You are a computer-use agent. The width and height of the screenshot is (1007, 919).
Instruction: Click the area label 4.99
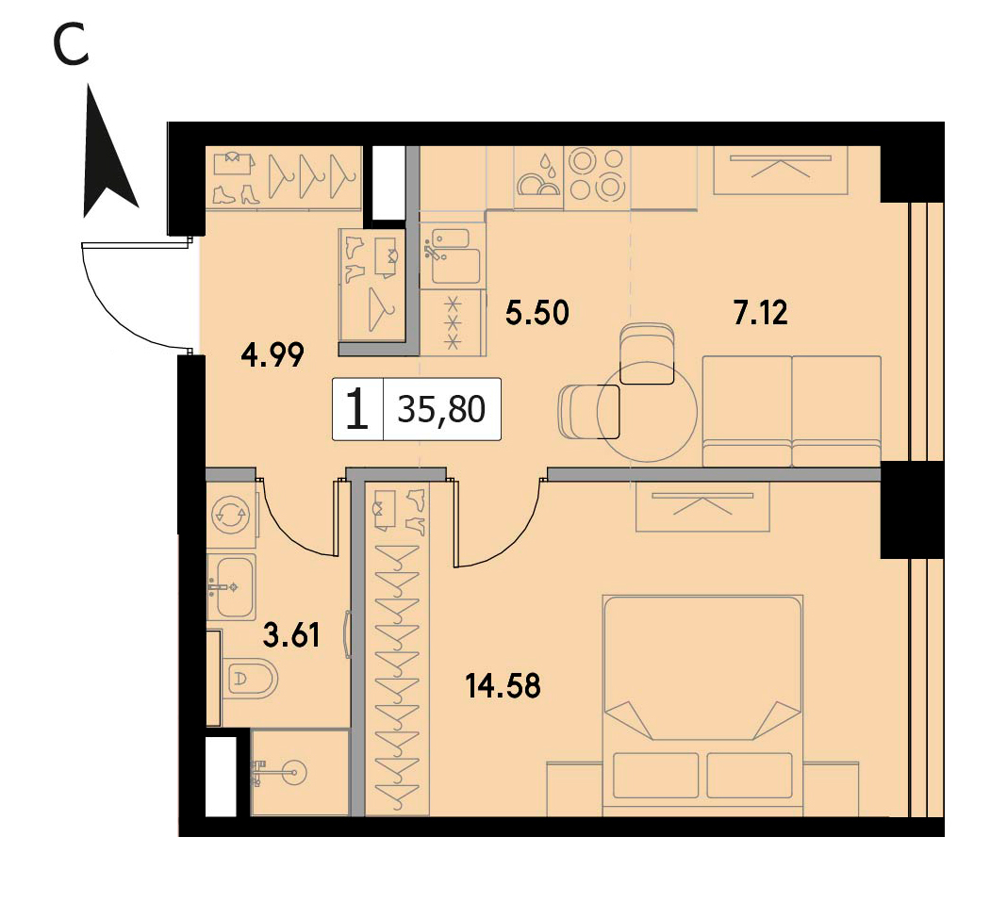click(x=272, y=354)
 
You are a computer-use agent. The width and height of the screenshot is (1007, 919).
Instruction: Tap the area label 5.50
click(x=537, y=313)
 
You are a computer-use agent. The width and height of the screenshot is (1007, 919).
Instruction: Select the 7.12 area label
click(x=760, y=313)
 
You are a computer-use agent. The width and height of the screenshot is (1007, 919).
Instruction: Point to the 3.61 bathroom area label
click(x=291, y=635)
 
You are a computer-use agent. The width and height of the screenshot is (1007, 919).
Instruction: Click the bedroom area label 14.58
click(x=503, y=686)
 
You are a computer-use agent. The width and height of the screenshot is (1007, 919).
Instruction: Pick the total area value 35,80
click(x=441, y=409)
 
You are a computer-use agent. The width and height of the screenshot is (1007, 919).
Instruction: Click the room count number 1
click(x=357, y=410)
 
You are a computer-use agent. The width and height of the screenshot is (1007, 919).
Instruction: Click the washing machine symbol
click(x=233, y=513)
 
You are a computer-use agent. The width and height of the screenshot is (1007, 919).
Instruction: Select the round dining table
click(x=648, y=412)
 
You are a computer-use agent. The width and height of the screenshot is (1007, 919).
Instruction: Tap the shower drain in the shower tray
click(x=295, y=770)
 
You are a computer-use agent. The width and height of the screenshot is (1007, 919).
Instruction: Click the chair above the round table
click(x=648, y=353)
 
